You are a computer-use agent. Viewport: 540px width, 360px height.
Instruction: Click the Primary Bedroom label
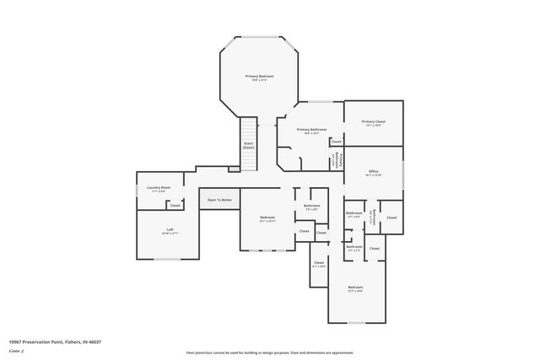tap(259, 77)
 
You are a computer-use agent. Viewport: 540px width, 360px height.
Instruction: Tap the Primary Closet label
tap(373, 122)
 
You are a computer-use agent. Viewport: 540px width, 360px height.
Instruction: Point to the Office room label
tap(373, 171)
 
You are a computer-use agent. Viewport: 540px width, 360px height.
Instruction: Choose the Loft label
tap(170, 230)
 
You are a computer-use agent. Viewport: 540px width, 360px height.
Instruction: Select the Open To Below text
tap(219, 200)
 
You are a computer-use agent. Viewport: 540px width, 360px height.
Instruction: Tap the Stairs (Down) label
tap(249, 145)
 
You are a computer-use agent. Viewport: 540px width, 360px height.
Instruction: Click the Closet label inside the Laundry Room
tap(175, 205)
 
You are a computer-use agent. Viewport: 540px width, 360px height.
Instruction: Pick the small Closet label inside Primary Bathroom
tap(336, 142)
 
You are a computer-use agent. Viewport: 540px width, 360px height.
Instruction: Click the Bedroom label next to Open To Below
tap(267, 218)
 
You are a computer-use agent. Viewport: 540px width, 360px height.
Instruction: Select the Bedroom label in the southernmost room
tap(355, 288)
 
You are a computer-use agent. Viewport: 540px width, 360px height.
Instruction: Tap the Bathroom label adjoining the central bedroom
tap(311, 206)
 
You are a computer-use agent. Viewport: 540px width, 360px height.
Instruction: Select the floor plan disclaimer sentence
tap(270, 352)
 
